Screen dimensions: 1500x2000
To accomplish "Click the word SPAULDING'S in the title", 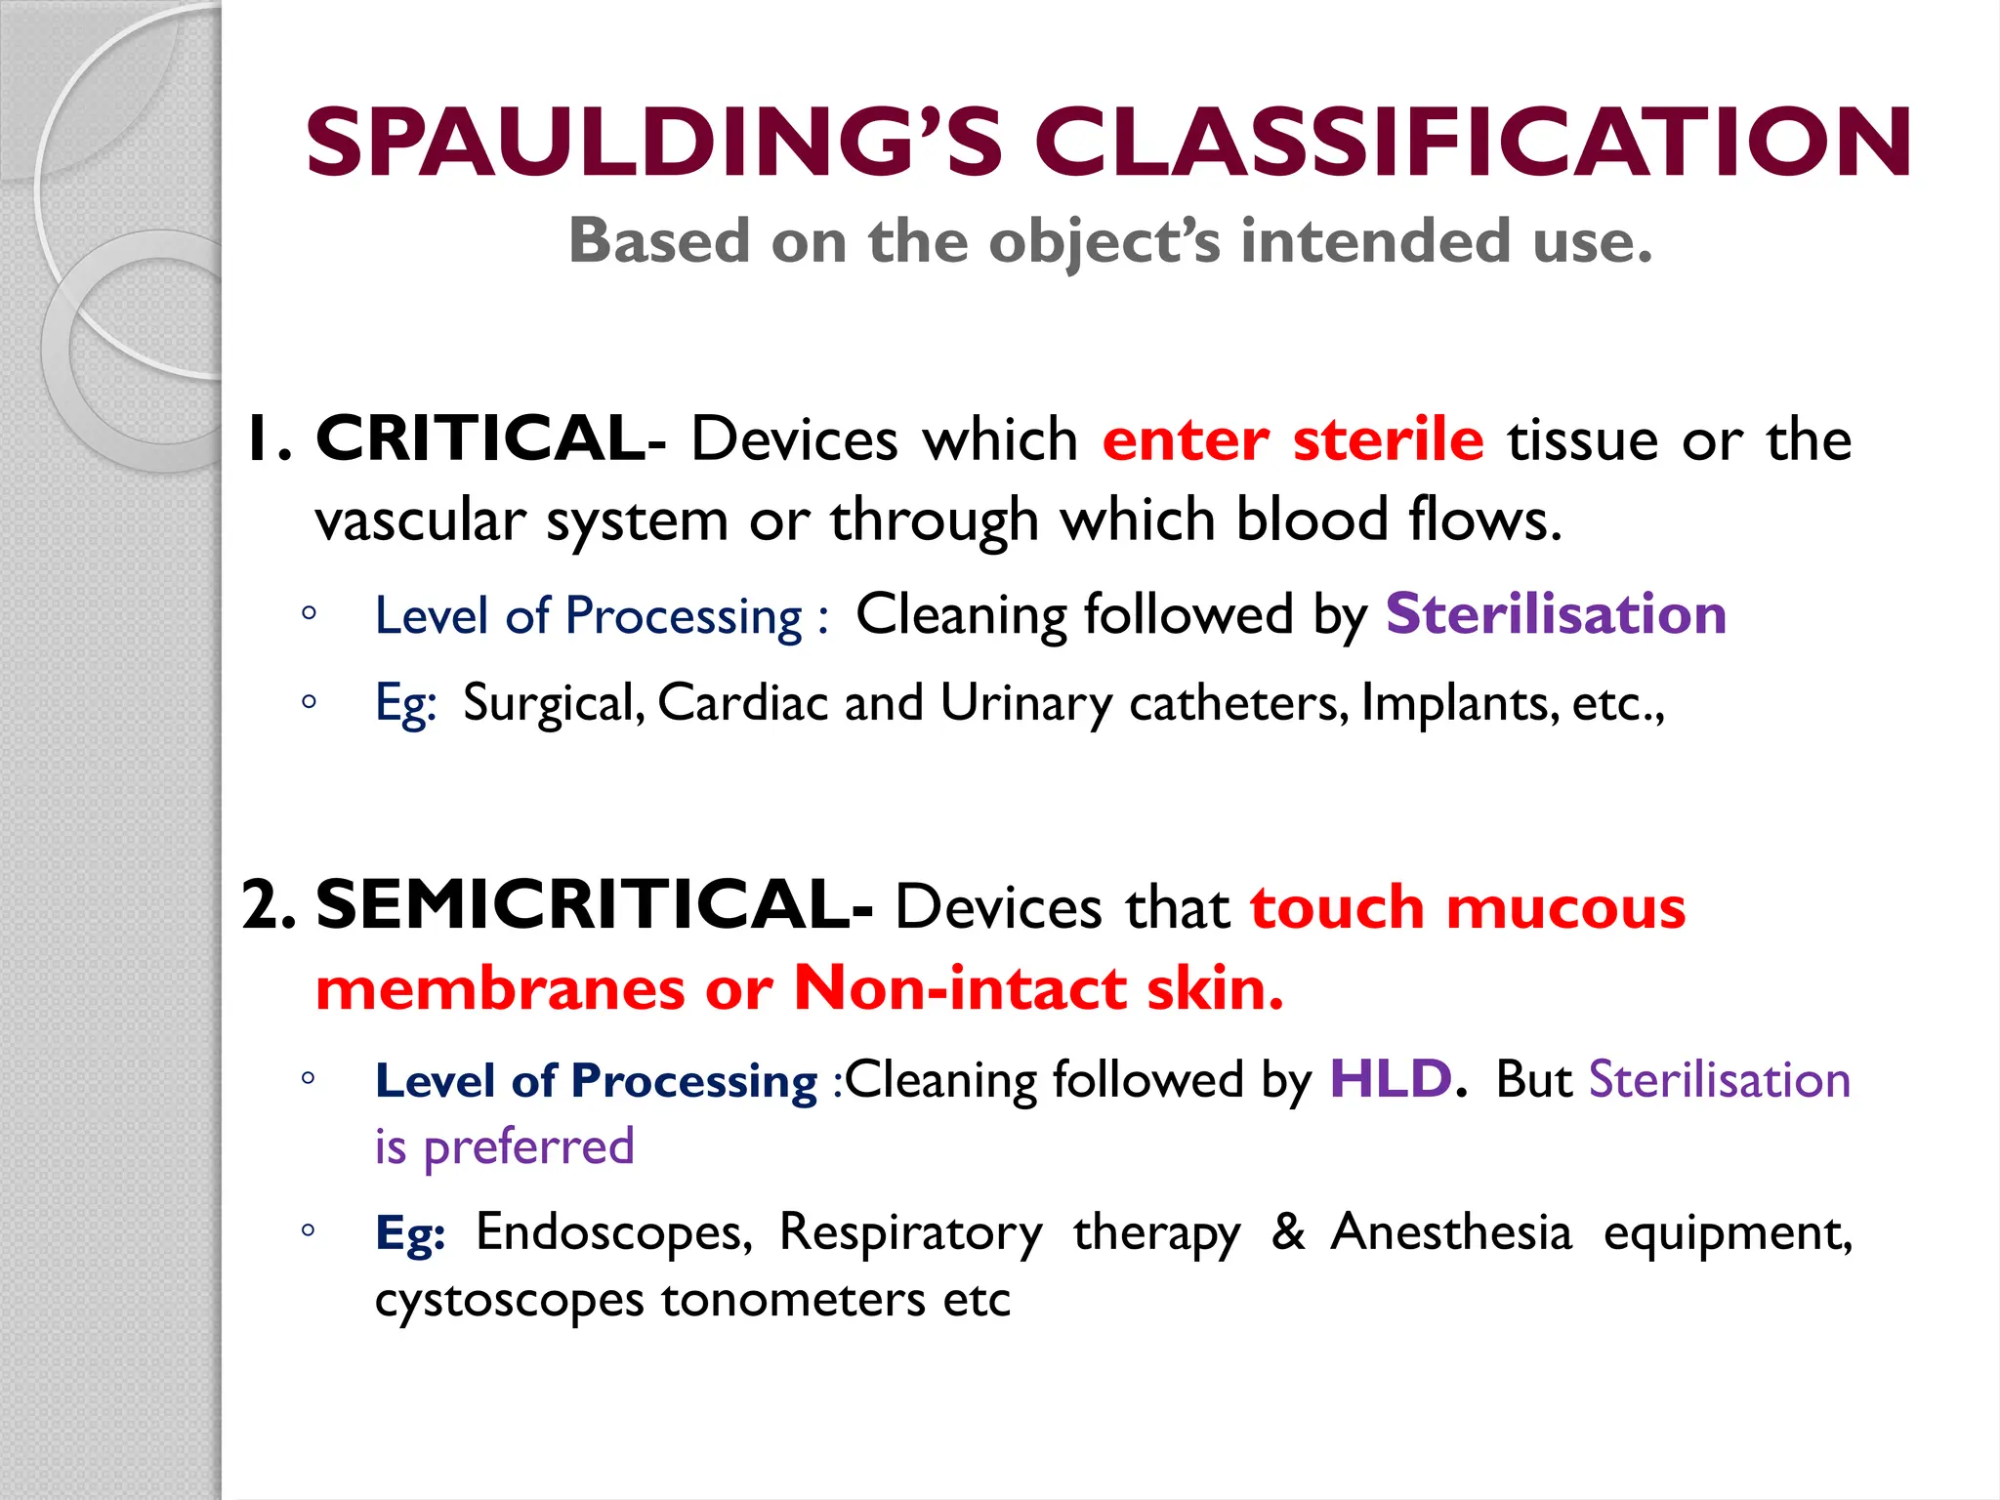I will coord(654,144).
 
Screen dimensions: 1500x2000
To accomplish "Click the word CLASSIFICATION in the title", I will coord(1473,144).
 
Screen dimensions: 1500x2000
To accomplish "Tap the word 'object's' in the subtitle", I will coord(1104,241).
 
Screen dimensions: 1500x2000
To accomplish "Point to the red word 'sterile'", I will coord(1388,438).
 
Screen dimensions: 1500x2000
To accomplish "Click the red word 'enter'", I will coord(1186,440).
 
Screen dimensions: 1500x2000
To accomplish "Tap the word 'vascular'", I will coord(420,520).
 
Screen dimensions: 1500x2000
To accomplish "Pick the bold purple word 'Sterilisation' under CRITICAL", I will coord(1556,614).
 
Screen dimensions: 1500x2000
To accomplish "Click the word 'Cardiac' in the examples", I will coord(742,702).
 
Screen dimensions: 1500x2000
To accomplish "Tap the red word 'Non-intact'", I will coord(960,988).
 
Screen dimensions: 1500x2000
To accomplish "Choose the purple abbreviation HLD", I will coord(1391,1079).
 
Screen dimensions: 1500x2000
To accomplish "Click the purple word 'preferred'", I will coord(528,1146).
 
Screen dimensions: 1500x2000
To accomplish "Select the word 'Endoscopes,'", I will coord(614,1231).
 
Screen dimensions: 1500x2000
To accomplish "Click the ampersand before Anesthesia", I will coord(1288,1231).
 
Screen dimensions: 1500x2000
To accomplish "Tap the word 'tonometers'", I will coord(793,1299).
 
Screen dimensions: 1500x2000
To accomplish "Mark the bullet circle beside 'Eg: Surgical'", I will coord(309,701).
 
